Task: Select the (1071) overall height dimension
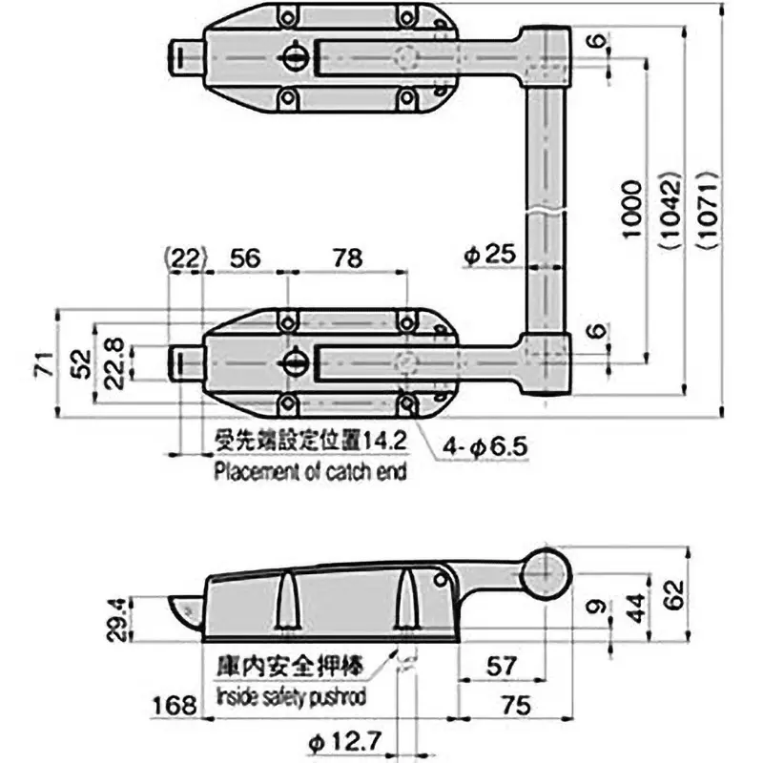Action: (x=705, y=210)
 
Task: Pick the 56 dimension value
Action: (x=245, y=258)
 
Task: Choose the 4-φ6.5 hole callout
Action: (x=485, y=445)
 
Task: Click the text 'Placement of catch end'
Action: (x=310, y=471)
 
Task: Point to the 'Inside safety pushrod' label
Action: (x=291, y=696)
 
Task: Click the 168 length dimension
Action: (x=173, y=706)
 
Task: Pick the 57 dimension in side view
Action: (x=502, y=666)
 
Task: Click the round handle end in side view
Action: (x=544, y=573)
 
